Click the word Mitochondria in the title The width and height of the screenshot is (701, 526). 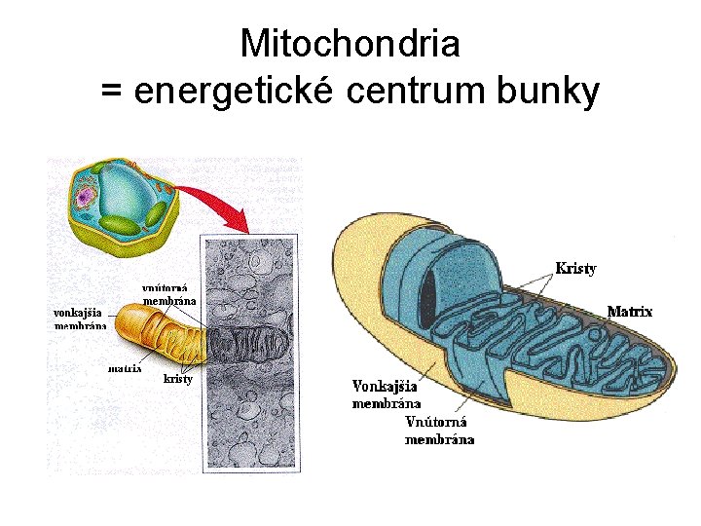click(350, 43)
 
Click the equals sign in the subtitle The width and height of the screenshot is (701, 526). click(111, 93)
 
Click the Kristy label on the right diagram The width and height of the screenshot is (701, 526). click(575, 267)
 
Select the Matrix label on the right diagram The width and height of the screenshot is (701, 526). click(629, 312)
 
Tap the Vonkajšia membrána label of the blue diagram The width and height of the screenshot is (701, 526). click(387, 394)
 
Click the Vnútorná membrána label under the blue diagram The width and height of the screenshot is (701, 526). click(439, 431)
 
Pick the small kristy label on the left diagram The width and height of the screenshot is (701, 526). click(178, 378)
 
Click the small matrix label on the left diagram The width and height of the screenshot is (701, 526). click(125, 368)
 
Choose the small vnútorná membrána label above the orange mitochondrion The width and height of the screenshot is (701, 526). click(169, 294)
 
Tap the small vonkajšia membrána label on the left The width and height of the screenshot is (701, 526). click(81, 319)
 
